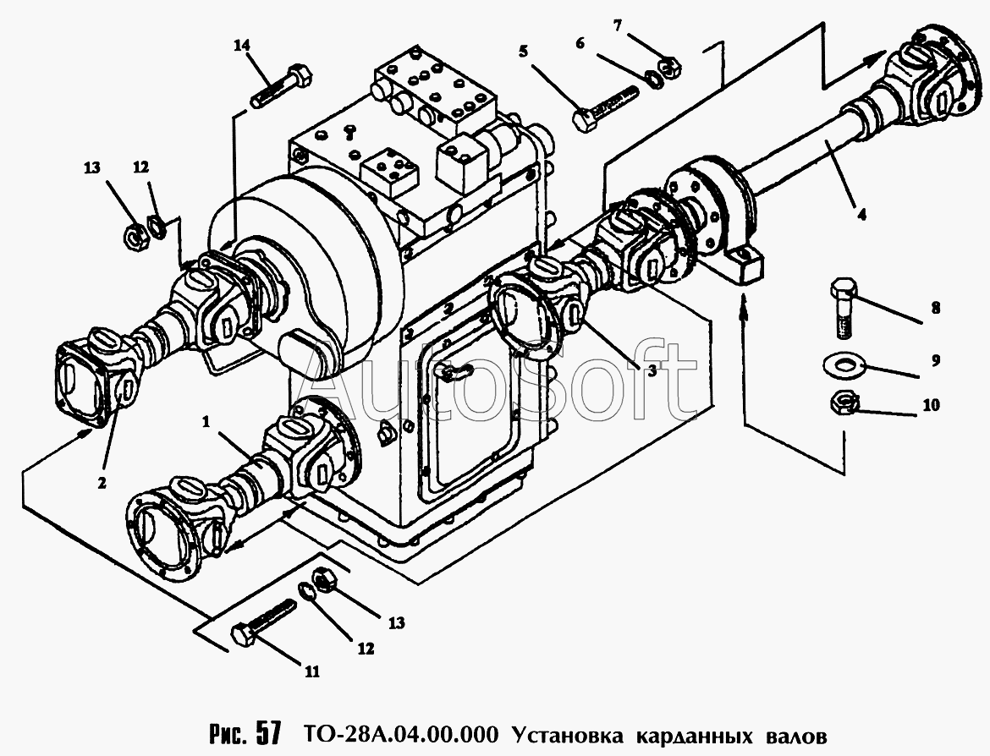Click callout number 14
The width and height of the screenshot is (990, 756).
point(242,45)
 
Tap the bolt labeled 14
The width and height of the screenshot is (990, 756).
point(283,85)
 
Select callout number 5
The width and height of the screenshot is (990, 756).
point(524,51)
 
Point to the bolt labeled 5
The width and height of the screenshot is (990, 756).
point(606,109)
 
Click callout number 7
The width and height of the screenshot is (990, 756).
point(618,26)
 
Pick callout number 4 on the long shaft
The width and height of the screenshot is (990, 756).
point(861,214)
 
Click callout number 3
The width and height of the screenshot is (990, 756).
point(652,372)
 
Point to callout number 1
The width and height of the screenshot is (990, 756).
point(206,422)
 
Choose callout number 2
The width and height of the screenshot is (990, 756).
point(102,484)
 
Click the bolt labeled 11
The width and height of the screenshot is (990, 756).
point(264,621)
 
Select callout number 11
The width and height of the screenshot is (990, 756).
point(312,672)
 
